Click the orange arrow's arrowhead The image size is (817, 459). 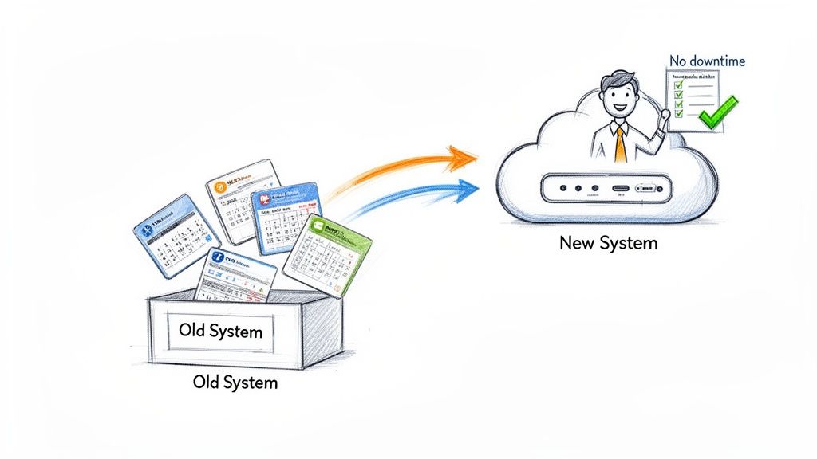(x=461, y=157)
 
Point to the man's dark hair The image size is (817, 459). (x=615, y=80)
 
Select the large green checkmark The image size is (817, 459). (x=718, y=112)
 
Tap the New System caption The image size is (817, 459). (x=609, y=243)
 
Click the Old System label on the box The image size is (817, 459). (x=220, y=330)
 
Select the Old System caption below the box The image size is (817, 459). (x=235, y=382)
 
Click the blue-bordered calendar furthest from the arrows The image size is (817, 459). (x=176, y=235)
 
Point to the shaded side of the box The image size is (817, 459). (x=322, y=331)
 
